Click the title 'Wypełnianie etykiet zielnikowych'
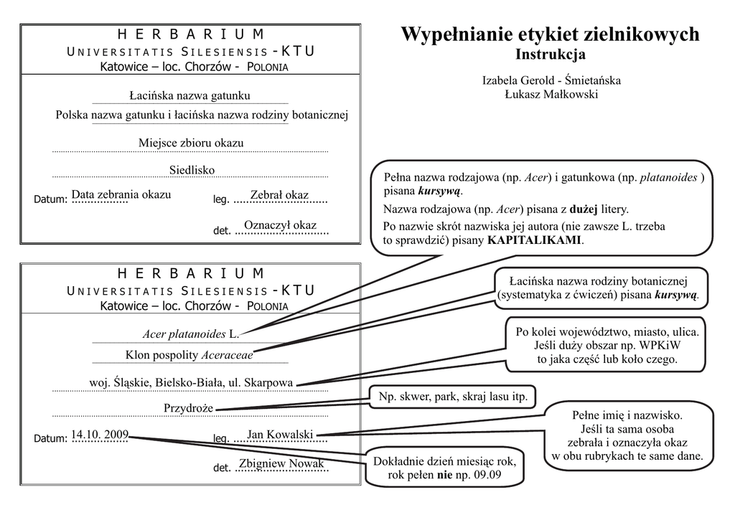coord(549,34)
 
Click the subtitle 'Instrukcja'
coord(550,55)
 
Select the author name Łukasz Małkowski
coord(551,94)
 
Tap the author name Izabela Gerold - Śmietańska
coord(551,80)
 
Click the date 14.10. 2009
coord(100,433)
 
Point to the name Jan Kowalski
coord(280,434)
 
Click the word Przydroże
coord(189,407)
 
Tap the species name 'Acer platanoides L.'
coord(190,334)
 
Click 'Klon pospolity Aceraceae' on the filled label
coord(189,354)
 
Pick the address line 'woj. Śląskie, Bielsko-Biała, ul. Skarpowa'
coord(190,382)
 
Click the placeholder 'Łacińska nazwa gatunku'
coord(189,95)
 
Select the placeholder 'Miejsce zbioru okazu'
coord(191,143)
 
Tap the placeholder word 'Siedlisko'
coord(192,170)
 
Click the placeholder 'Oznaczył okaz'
coord(280,225)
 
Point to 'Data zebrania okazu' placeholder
coord(121,194)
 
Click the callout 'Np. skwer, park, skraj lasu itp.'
coord(453,396)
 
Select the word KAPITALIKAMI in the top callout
coord(534,240)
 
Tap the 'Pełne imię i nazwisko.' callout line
coord(627,415)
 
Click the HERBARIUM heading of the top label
coord(190,34)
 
